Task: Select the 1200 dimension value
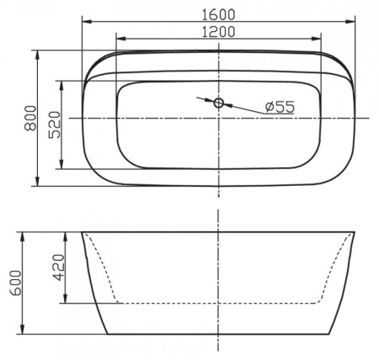pos(219,31)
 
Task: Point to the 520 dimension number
pos(54,124)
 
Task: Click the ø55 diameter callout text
pos(278,107)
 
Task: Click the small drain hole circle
pos(219,103)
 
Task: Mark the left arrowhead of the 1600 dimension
pos(85,22)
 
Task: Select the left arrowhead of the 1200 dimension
pos(119,39)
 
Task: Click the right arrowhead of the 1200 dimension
pos(319,39)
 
